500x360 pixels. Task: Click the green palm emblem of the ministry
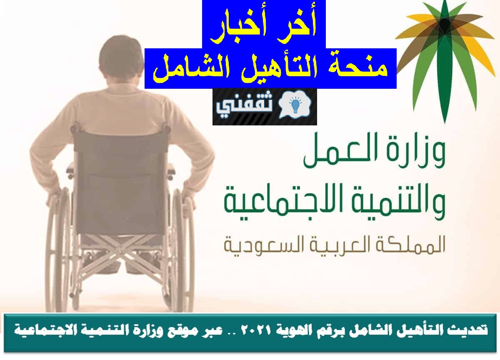(x=445, y=60)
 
